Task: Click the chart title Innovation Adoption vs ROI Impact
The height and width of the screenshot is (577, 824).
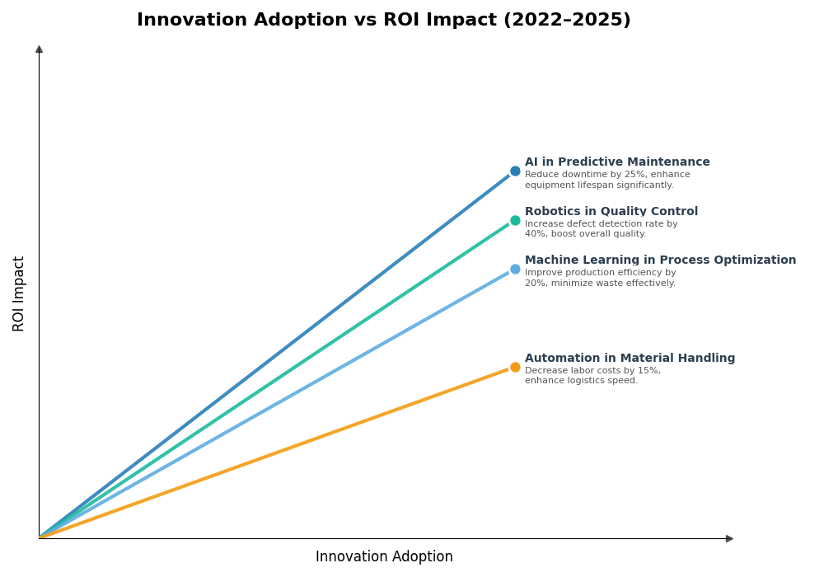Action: click(383, 21)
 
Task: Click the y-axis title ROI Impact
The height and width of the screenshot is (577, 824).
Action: click(19, 293)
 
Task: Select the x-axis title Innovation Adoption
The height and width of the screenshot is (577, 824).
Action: click(384, 557)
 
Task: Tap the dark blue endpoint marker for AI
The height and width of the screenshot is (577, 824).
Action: click(515, 171)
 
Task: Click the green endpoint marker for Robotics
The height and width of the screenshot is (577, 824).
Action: click(515, 220)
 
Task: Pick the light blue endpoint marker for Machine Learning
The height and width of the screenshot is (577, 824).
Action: click(515, 269)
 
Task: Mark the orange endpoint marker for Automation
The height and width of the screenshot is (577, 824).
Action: click(515, 367)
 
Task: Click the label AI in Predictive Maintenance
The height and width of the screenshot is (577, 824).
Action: click(617, 162)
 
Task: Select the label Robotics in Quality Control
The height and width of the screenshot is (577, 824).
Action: click(611, 212)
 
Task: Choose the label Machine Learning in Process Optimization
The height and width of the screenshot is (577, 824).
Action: click(660, 260)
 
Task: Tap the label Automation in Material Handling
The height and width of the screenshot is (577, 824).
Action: click(630, 359)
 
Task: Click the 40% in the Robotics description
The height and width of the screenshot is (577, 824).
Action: click(535, 234)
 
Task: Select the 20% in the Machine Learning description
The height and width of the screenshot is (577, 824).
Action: click(535, 284)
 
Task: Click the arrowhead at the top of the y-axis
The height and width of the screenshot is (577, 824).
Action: click(39, 49)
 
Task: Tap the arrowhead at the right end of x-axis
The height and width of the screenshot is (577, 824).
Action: click(729, 538)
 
